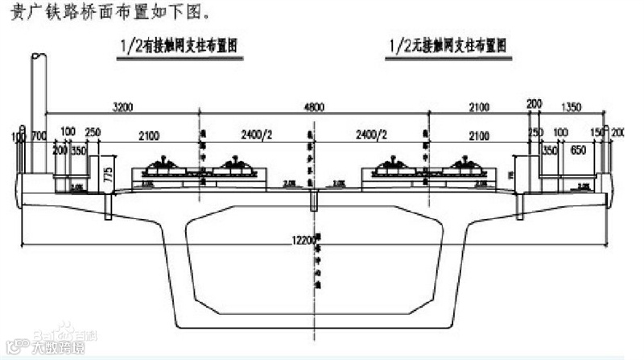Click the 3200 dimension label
click(x=123, y=106)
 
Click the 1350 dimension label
click(x=570, y=106)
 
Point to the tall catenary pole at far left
click(x=36, y=113)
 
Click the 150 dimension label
click(x=597, y=131)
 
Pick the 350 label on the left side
click(x=78, y=150)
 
